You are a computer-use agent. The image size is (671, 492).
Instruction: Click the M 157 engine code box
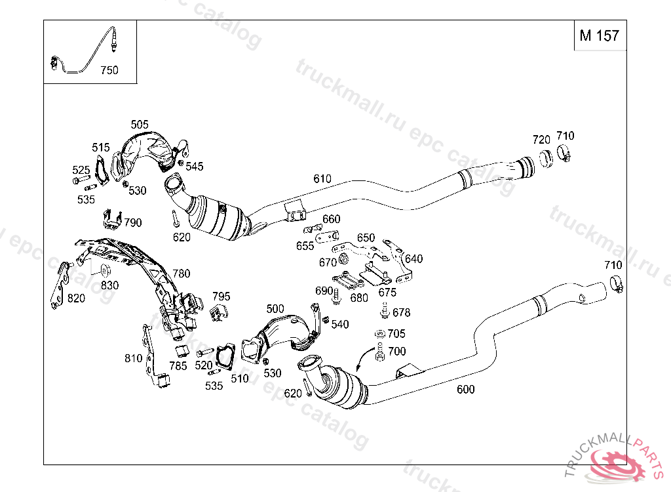599,35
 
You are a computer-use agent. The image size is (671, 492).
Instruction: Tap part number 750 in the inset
109,70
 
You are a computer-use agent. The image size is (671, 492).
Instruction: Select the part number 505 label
140,125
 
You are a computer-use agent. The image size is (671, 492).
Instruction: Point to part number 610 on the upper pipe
322,178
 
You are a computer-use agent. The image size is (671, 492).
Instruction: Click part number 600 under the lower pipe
465,389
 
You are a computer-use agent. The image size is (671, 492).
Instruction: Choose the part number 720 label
541,140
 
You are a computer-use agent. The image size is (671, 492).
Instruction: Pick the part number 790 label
132,223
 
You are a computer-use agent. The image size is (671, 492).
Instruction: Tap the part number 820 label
77,298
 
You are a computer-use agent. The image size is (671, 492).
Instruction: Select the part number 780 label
181,274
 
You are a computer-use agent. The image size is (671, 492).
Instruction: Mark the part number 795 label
221,297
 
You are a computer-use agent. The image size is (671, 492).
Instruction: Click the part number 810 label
133,358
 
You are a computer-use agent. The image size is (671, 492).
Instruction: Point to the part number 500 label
275,309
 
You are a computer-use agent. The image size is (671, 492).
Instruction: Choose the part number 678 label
401,313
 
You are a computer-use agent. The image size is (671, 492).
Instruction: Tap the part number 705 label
396,334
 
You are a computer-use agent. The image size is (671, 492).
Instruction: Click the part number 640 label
414,259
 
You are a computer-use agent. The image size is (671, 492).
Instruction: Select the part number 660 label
332,219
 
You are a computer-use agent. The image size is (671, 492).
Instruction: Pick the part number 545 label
195,167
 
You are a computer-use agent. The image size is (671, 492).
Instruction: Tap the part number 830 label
109,285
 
